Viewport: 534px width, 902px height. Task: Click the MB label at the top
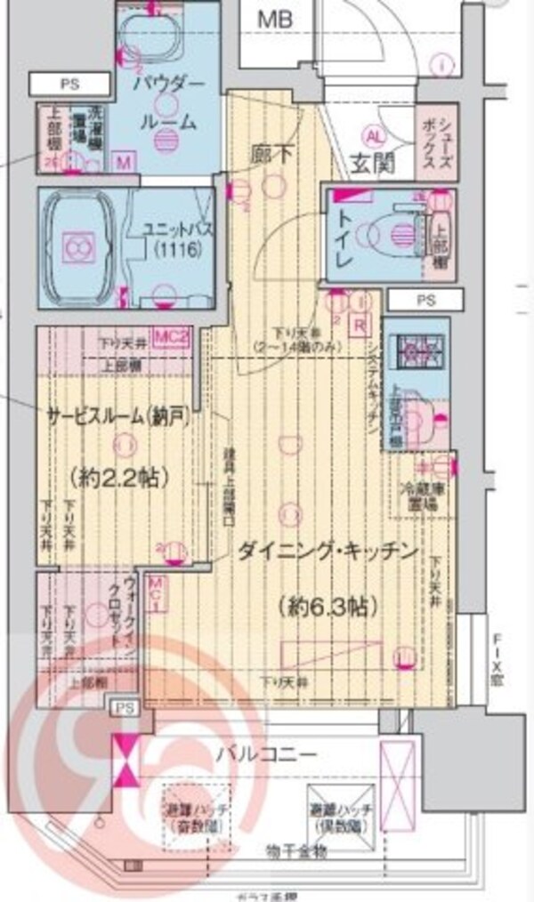(273, 18)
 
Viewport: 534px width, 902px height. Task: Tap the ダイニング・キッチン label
(327, 552)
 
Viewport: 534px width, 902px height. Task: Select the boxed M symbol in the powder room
(124, 163)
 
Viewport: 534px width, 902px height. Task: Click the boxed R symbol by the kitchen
(360, 325)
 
